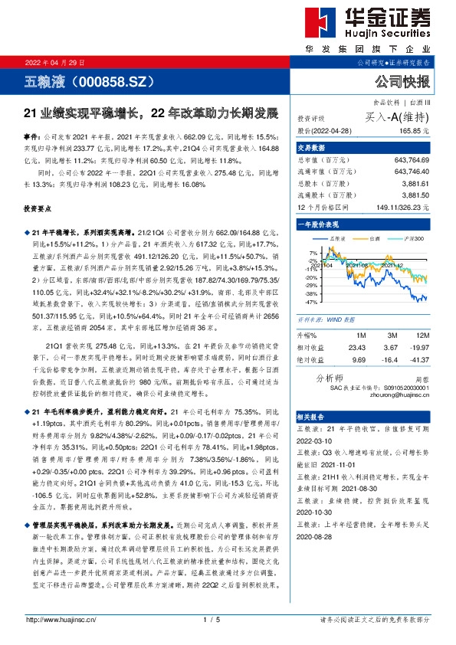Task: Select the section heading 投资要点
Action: coord(39,208)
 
